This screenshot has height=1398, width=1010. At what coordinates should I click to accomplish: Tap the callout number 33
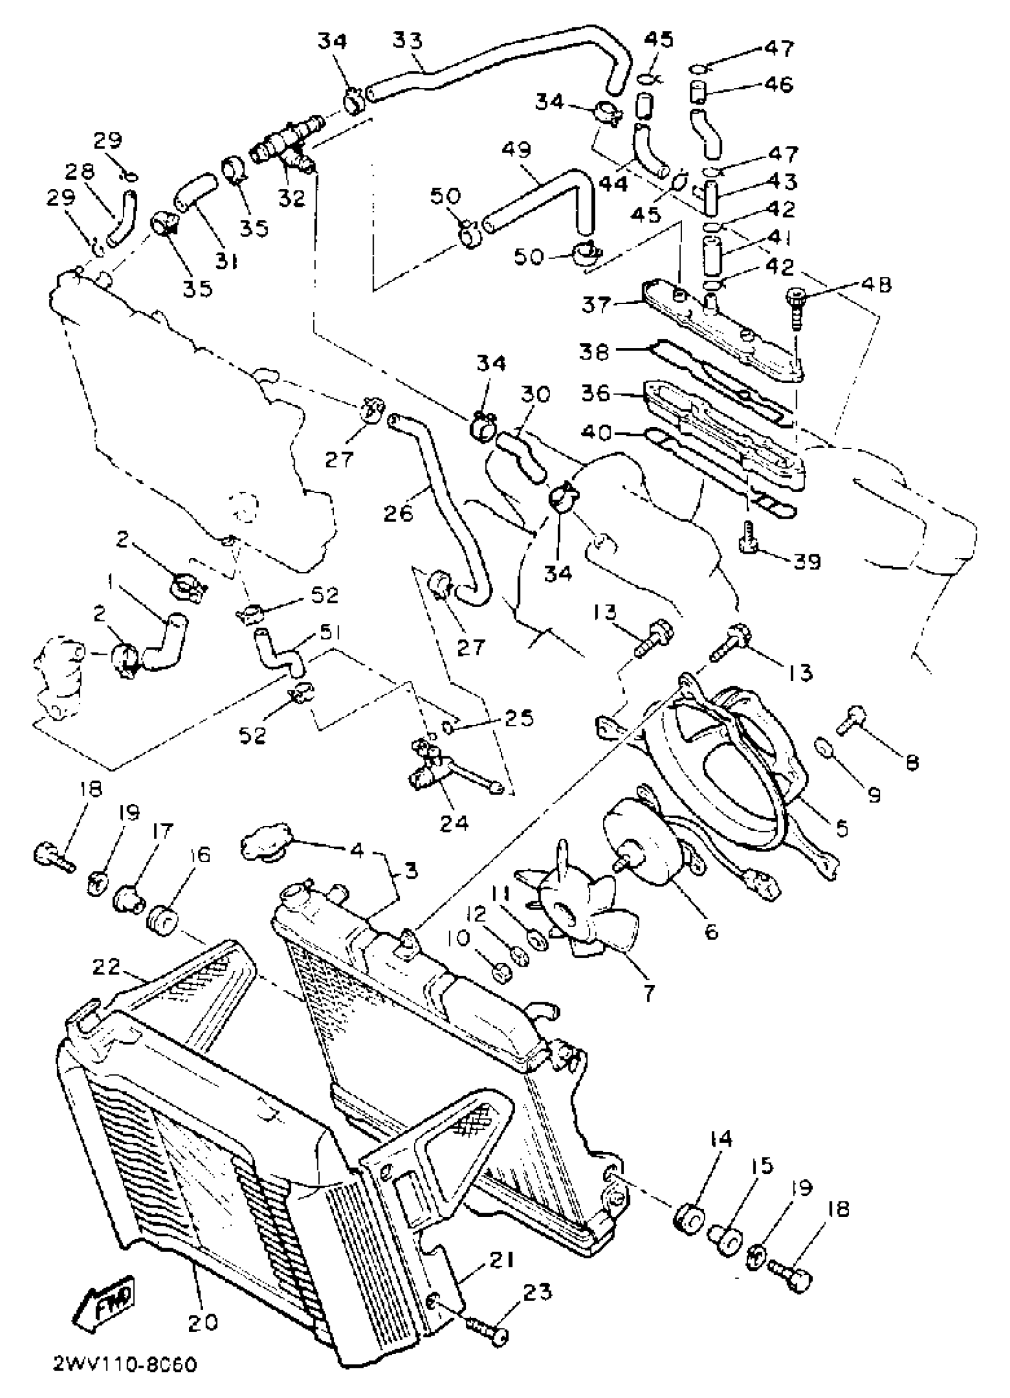click(x=408, y=40)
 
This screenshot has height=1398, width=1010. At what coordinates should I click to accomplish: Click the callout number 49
click(x=516, y=150)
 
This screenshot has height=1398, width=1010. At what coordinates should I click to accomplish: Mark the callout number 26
click(x=398, y=513)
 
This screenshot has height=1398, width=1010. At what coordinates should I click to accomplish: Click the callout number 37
click(x=595, y=305)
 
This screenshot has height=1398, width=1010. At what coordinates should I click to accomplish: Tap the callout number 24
click(x=454, y=823)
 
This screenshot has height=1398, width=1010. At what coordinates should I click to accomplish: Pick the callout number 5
click(x=842, y=827)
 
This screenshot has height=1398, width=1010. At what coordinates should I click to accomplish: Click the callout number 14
click(x=721, y=1139)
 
